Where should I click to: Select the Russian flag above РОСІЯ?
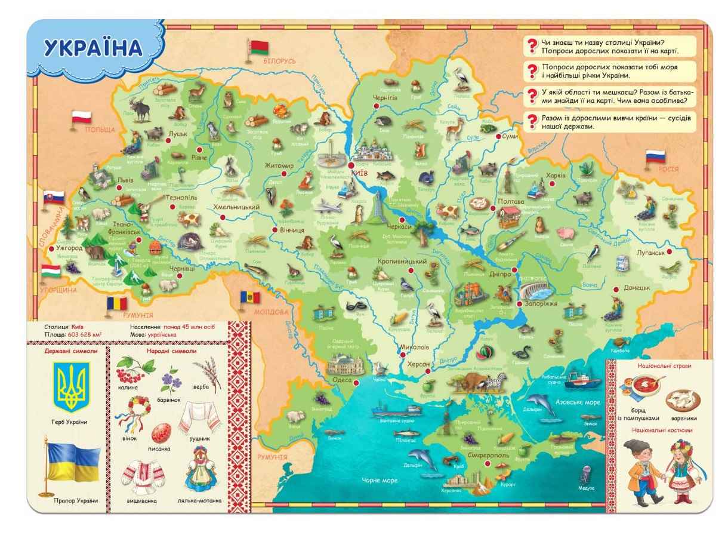[x=655, y=157]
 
